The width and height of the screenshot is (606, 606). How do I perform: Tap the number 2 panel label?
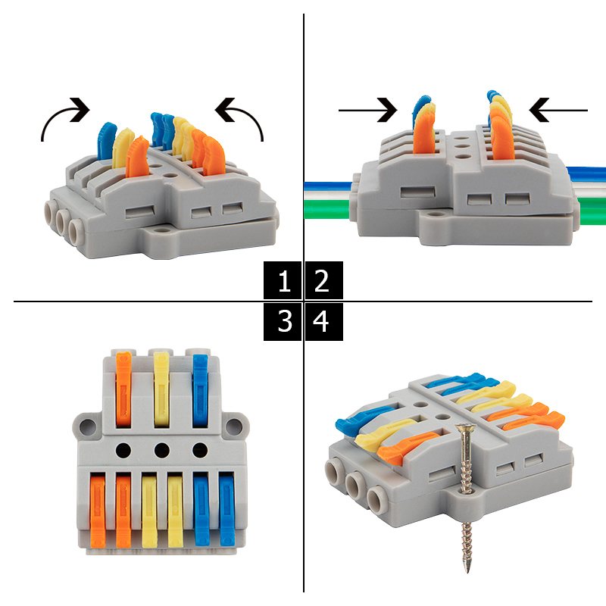(324, 280)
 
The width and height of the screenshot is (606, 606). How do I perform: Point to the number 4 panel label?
(324, 321)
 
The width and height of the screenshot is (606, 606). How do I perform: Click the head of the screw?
(466, 427)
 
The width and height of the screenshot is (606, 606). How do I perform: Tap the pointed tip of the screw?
(468, 571)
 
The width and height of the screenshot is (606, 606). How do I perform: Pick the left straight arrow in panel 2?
(367, 110)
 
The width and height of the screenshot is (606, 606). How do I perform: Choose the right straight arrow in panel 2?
(558, 110)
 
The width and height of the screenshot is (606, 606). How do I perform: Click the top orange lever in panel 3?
(123, 389)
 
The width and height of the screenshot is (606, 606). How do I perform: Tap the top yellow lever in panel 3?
(161, 389)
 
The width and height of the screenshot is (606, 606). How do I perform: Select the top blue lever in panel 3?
(200, 391)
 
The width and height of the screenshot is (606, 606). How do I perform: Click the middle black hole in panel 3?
(161, 450)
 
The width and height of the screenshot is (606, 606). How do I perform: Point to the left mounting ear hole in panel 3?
(88, 426)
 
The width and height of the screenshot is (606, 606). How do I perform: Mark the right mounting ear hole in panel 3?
(234, 426)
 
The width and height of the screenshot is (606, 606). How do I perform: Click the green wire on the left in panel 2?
(328, 209)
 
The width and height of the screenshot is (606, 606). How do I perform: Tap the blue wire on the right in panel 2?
(586, 174)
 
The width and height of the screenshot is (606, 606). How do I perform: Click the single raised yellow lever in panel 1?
(123, 148)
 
